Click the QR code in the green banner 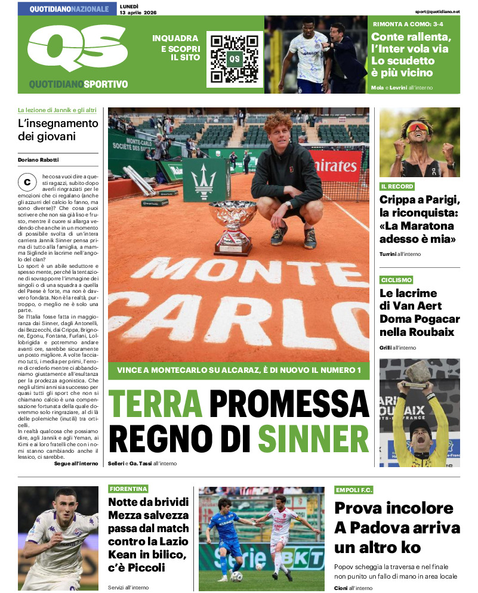point(235,58)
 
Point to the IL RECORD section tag point(398,187)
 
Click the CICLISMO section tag point(397,280)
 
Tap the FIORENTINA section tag point(128,489)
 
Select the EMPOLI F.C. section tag point(354,490)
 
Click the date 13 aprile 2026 point(140,13)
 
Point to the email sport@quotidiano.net point(437,11)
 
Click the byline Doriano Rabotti point(38,159)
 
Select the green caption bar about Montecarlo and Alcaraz point(239,370)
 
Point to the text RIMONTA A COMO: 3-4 point(408,24)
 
